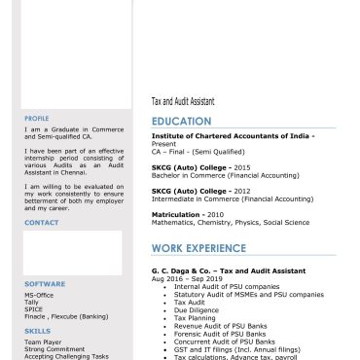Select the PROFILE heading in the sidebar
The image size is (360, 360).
point(37,118)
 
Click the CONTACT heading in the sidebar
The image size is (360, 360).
point(42,223)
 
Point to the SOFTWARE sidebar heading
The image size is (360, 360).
point(45,284)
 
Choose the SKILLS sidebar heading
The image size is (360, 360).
point(37,331)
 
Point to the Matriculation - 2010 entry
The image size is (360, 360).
point(188,214)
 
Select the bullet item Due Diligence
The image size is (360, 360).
point(198,310)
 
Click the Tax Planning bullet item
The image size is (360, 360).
point(196,318)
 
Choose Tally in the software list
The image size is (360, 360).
point(31,302)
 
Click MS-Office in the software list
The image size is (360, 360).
point(39,294)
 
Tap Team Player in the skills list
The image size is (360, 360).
point(43,342)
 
